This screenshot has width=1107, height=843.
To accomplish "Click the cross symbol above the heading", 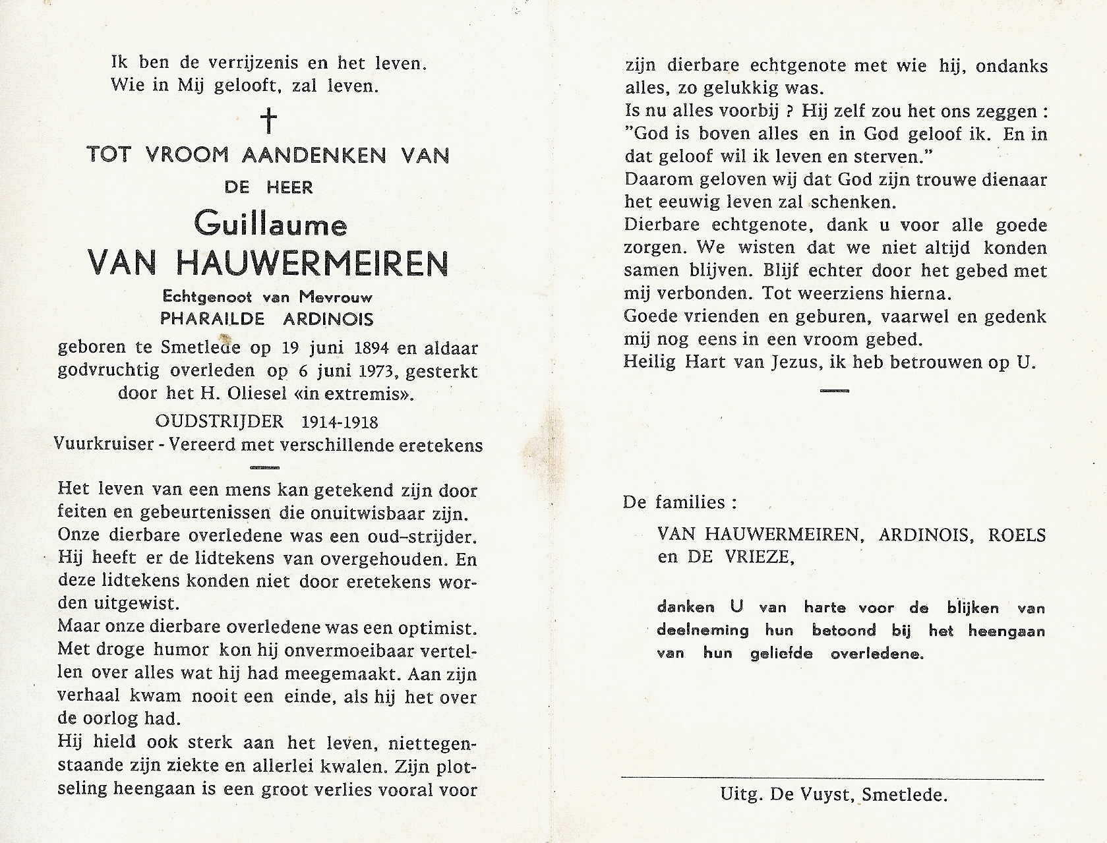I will coord(268,121).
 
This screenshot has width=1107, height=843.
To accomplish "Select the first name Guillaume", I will coord(270,225).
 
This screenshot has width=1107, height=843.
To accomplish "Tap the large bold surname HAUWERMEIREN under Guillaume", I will coord(306,263).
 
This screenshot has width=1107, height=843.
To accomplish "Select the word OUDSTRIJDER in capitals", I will coord(220,422).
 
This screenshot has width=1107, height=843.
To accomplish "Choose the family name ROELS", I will coord(1016,535).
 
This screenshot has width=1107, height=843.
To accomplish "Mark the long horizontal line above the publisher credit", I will coord(833,778).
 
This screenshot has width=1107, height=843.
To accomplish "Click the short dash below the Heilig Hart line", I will coord(834,391).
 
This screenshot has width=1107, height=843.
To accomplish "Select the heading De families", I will coord(680,503).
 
